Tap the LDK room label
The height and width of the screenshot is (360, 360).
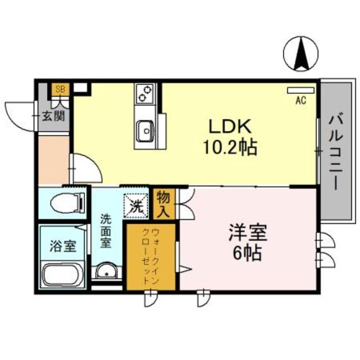click(x=229, y=125)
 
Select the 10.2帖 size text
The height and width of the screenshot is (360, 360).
click(x=230, y=147)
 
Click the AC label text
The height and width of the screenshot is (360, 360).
click(x=301, y=101)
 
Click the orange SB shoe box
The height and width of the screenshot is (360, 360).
click(x=60, y=89)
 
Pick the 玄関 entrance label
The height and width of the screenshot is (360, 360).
click(x=55, y=116)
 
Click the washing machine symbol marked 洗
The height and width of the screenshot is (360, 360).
click(x=134, y=204)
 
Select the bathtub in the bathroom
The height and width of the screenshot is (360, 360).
click(x=62, y=274)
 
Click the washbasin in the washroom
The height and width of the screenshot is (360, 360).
click(x=106, y=273)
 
